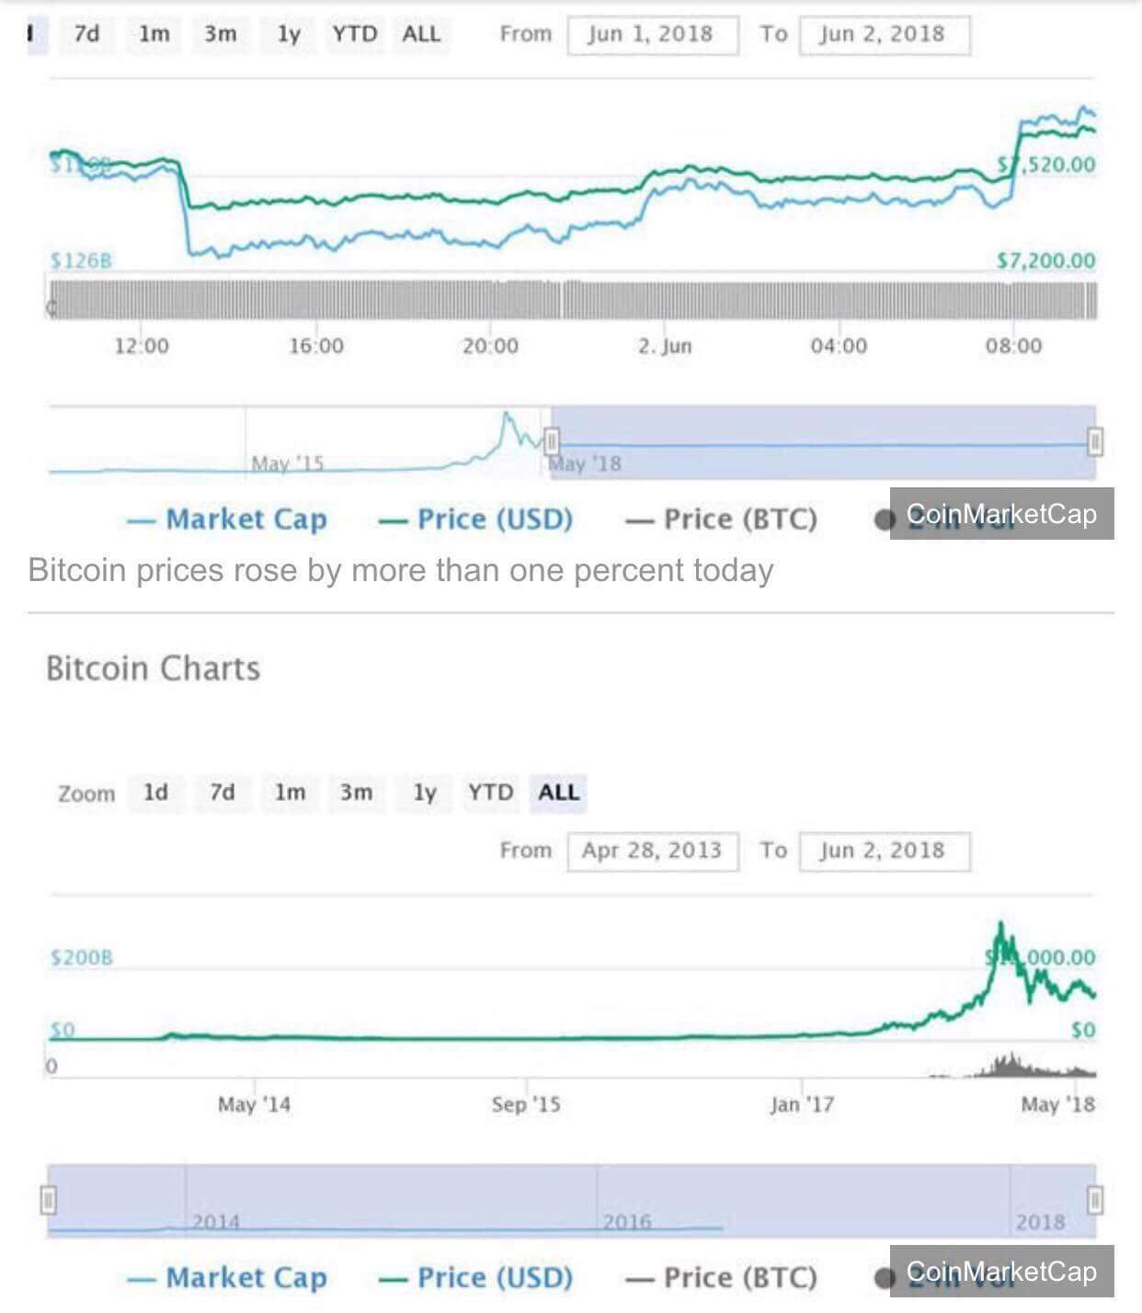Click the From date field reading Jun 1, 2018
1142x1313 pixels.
(652, 35)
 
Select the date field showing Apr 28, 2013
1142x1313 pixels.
(652, 851)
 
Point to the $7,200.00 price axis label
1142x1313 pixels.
(1046, 261)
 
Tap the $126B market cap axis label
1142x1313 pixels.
(81, 261)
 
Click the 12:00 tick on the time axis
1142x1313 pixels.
(142, 347)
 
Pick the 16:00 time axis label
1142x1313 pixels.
(316, 347)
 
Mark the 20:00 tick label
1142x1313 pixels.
(490, 347)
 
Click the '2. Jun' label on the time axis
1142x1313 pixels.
(665, 347)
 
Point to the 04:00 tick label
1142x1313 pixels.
(839, 347)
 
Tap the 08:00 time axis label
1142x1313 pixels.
(1014, 347)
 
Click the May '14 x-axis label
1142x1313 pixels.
(254, 1104)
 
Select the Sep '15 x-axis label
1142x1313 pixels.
(526, 1104)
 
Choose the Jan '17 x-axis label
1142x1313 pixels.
(803, 1104)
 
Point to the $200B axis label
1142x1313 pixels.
(82, 958)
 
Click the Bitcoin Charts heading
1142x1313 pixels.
(153, 668)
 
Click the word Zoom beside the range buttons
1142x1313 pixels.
(86, 794)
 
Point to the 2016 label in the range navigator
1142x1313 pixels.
(627, 1222)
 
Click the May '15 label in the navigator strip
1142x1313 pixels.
(288, 463)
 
